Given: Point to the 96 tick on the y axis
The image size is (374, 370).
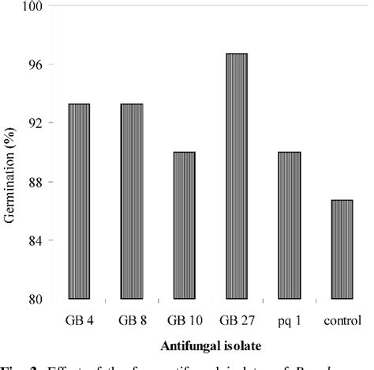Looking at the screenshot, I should click(36, 64).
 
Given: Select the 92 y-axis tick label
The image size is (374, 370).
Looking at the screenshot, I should click(36, 123).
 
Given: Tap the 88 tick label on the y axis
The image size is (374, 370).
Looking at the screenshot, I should click(36, 182).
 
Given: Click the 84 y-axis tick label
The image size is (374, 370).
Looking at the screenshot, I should click(36, 240).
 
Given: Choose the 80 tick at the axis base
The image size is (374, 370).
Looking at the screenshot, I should click(36, 299).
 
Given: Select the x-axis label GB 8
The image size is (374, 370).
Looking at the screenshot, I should click(131, 320).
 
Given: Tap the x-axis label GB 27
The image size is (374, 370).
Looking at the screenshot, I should click(237, 320).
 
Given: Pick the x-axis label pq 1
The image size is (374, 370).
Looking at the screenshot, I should click(290, 321).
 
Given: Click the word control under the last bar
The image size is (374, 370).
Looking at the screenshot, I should click(342, 320).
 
